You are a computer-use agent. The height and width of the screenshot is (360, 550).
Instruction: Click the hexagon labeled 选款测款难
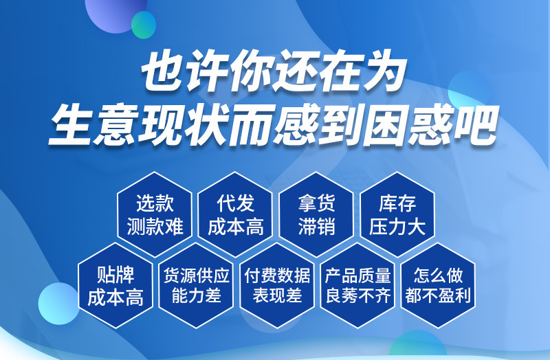[155, 214]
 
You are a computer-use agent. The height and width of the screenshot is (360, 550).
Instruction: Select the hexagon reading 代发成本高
[235, 214]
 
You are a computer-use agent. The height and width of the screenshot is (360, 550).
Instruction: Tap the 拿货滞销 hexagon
[316, 214]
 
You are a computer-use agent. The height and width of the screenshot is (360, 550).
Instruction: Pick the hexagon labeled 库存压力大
[397, 214]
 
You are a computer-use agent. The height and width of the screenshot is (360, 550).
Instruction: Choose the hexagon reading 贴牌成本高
[115, 285]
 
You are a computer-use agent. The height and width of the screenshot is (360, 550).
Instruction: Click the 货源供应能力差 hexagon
[196, 285]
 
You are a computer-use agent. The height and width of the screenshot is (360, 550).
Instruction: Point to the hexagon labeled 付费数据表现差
[277, 285]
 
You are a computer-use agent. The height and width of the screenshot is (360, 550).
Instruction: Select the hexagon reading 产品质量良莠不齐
[357, 285]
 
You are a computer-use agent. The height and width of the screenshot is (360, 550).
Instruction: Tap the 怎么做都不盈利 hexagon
[438, 285]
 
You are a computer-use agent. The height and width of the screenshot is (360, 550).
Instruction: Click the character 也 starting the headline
[164, 71]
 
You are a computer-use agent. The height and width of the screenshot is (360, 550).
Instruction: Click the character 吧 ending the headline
[476, 125]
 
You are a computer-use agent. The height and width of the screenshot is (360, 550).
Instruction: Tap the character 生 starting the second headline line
[72, 125]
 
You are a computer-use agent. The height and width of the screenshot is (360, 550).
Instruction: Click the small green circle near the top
[144, 25]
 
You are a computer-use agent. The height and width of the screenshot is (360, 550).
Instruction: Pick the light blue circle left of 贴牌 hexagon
[58, 304]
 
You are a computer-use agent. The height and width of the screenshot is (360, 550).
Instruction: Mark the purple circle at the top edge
[115, 14]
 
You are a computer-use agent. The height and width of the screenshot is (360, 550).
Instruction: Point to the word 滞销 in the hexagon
[316, 227]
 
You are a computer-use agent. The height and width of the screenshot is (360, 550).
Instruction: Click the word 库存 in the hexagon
[397, 203]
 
